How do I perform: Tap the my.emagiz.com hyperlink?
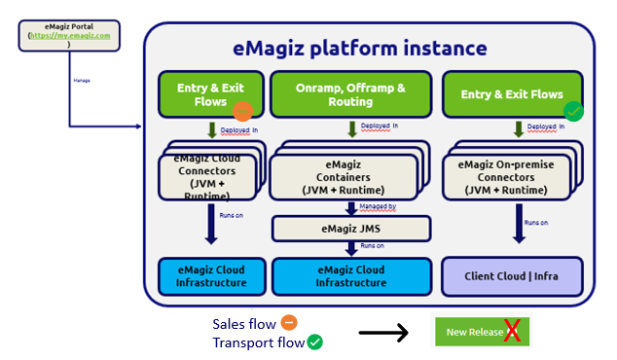coord(69,35)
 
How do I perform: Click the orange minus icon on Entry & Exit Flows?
coord(243,112)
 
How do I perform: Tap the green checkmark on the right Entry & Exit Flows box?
coord(574,112)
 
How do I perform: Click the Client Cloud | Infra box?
coord(512,275)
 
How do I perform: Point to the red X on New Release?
coord(513,332)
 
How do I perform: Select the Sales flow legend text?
coord(242,323)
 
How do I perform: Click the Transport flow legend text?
coord(257,342)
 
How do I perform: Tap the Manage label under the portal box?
coord(82,81)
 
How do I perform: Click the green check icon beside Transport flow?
coord(314,342)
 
